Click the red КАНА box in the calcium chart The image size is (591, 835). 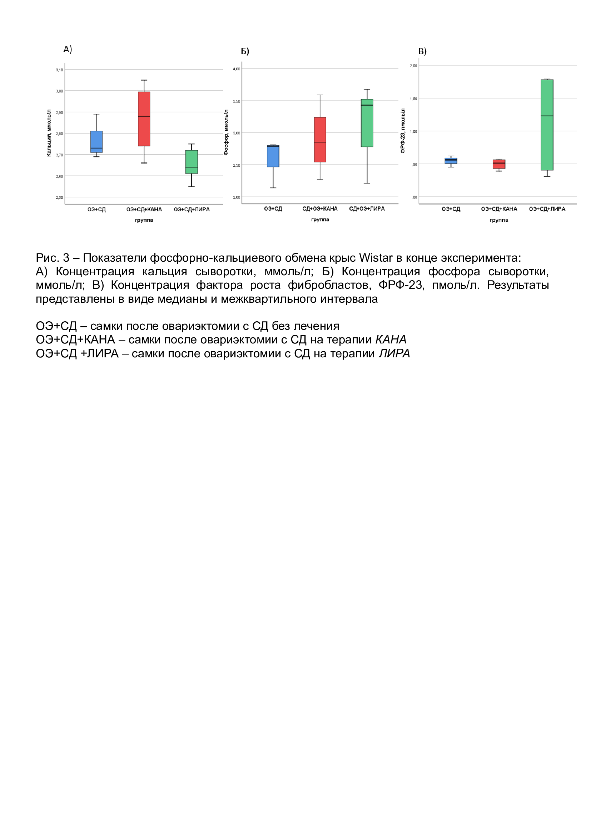point(144,119)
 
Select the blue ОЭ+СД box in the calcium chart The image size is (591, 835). point(96,141)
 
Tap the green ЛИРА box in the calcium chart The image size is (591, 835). point(192,162)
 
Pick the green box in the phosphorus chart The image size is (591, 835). point(367,123)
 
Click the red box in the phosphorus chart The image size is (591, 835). point(320,140)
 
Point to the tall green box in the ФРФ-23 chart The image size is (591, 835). point(547,125)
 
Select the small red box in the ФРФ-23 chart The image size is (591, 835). point(499,164)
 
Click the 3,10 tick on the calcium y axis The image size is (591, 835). point(59,70)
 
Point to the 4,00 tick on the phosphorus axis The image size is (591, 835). point(237,69)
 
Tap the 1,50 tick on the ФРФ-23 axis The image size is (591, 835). point(413,99)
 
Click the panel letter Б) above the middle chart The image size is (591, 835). point(245,51)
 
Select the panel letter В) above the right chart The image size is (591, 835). point(422,51)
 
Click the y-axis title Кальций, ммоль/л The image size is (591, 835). point(49,133)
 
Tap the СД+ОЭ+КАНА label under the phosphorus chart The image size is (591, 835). point(320,209)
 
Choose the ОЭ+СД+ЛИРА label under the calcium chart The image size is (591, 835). point(192,210)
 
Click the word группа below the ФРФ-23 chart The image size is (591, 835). point(498,220)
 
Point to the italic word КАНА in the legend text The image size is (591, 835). point(391,339)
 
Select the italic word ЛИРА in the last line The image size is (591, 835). point(394,353)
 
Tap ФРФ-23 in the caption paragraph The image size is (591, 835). point(401,285)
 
